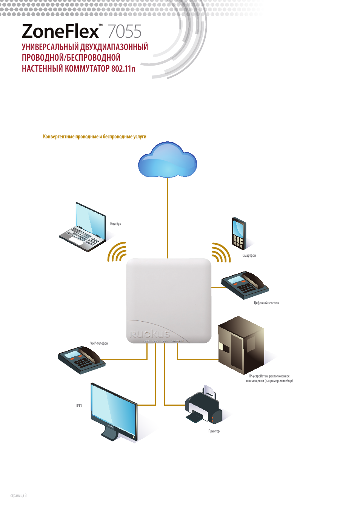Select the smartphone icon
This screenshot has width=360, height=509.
coord(239,233)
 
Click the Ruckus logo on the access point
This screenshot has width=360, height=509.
coord(150,334)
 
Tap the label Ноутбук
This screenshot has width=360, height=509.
coord(115,224)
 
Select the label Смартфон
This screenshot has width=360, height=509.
coord(249,256)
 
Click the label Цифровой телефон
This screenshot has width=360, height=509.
coord(266,303)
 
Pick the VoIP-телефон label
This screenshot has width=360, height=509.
coord(99,343)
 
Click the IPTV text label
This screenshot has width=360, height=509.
coord(79,406)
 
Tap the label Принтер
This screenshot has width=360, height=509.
coord(214,431)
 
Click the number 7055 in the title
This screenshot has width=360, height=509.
coord(125,32)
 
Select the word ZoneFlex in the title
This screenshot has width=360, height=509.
coord(60,32)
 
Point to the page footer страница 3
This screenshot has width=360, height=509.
coord(18,495)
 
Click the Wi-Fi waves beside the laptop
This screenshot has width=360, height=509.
coord(117,252)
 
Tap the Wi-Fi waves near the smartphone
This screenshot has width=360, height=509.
coord(220,253)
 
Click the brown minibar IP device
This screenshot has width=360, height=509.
coord(241,345)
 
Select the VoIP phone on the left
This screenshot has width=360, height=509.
coord(81,360)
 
